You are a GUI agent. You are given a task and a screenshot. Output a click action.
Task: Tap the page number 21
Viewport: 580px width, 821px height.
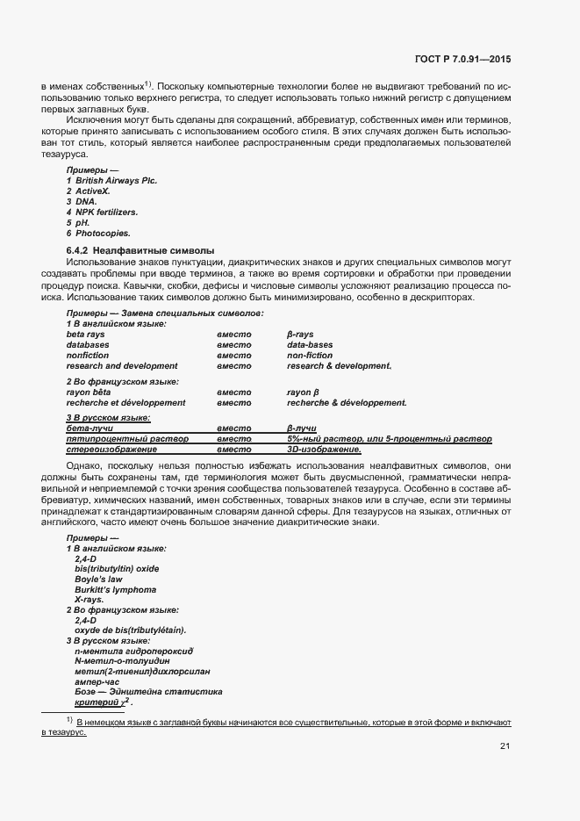tap(505, 746)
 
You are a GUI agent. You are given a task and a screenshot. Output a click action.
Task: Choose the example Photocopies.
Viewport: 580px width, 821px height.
tap(103, 234)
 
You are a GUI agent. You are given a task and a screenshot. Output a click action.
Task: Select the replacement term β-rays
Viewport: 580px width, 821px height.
tap(301, 335)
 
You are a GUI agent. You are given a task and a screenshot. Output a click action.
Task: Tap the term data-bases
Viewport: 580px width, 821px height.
tap(310, 345)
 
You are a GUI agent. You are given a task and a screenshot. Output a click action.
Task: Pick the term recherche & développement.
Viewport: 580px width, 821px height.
tap(346, 402)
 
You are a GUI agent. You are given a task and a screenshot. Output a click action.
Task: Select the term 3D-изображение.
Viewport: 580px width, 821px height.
tap(324, 449)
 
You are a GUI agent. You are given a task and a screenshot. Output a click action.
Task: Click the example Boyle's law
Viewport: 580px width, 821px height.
tap(99, 579)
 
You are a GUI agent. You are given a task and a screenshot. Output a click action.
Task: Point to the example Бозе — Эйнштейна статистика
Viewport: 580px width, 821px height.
tap(148, 692)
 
